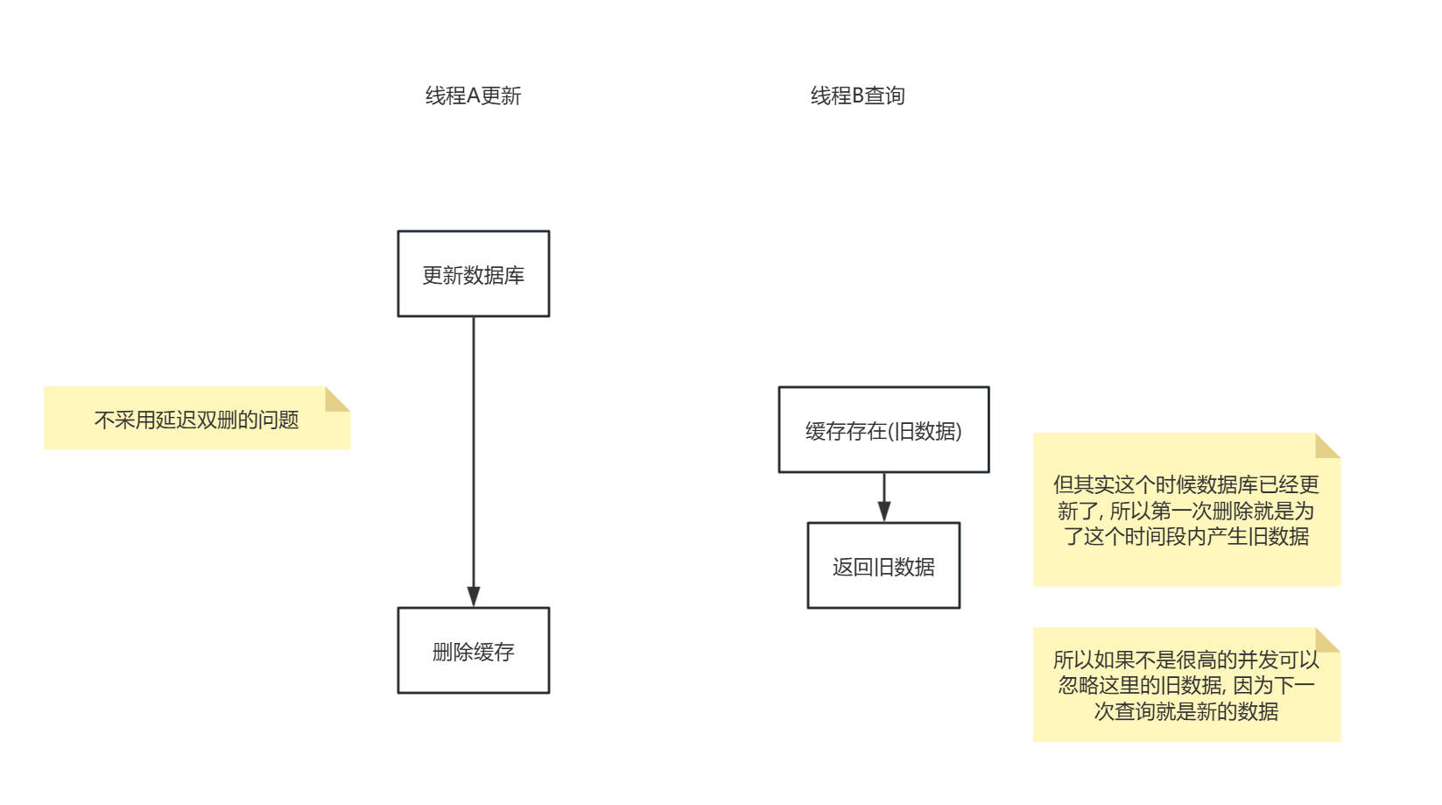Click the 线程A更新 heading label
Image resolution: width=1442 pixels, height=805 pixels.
pos(473,95)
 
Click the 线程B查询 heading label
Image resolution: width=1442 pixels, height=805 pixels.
pos(857,95)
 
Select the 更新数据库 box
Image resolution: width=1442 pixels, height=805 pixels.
pos(473,274)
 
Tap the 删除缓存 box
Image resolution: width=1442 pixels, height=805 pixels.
pos(473,651)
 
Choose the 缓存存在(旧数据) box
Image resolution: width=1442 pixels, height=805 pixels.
pos(883,430)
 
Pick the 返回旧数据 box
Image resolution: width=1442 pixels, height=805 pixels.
pos(883,566)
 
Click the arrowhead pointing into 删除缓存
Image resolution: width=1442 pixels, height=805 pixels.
pos(474,597)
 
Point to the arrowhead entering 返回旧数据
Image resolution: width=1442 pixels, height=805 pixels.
pos(884,512)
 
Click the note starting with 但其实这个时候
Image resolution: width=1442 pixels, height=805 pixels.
pos(1185,510)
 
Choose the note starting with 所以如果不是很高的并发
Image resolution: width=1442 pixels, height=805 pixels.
pos(1185,685)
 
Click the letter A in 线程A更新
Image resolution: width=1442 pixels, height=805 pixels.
pos(473,95)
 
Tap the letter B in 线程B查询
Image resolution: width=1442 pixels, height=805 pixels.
pos(858,95)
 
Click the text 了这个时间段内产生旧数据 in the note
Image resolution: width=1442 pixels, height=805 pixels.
pos(1185,536)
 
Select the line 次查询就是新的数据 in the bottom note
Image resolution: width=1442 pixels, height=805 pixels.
pos(1185,711)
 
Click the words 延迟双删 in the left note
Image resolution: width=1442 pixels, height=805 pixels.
pos(186,420)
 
